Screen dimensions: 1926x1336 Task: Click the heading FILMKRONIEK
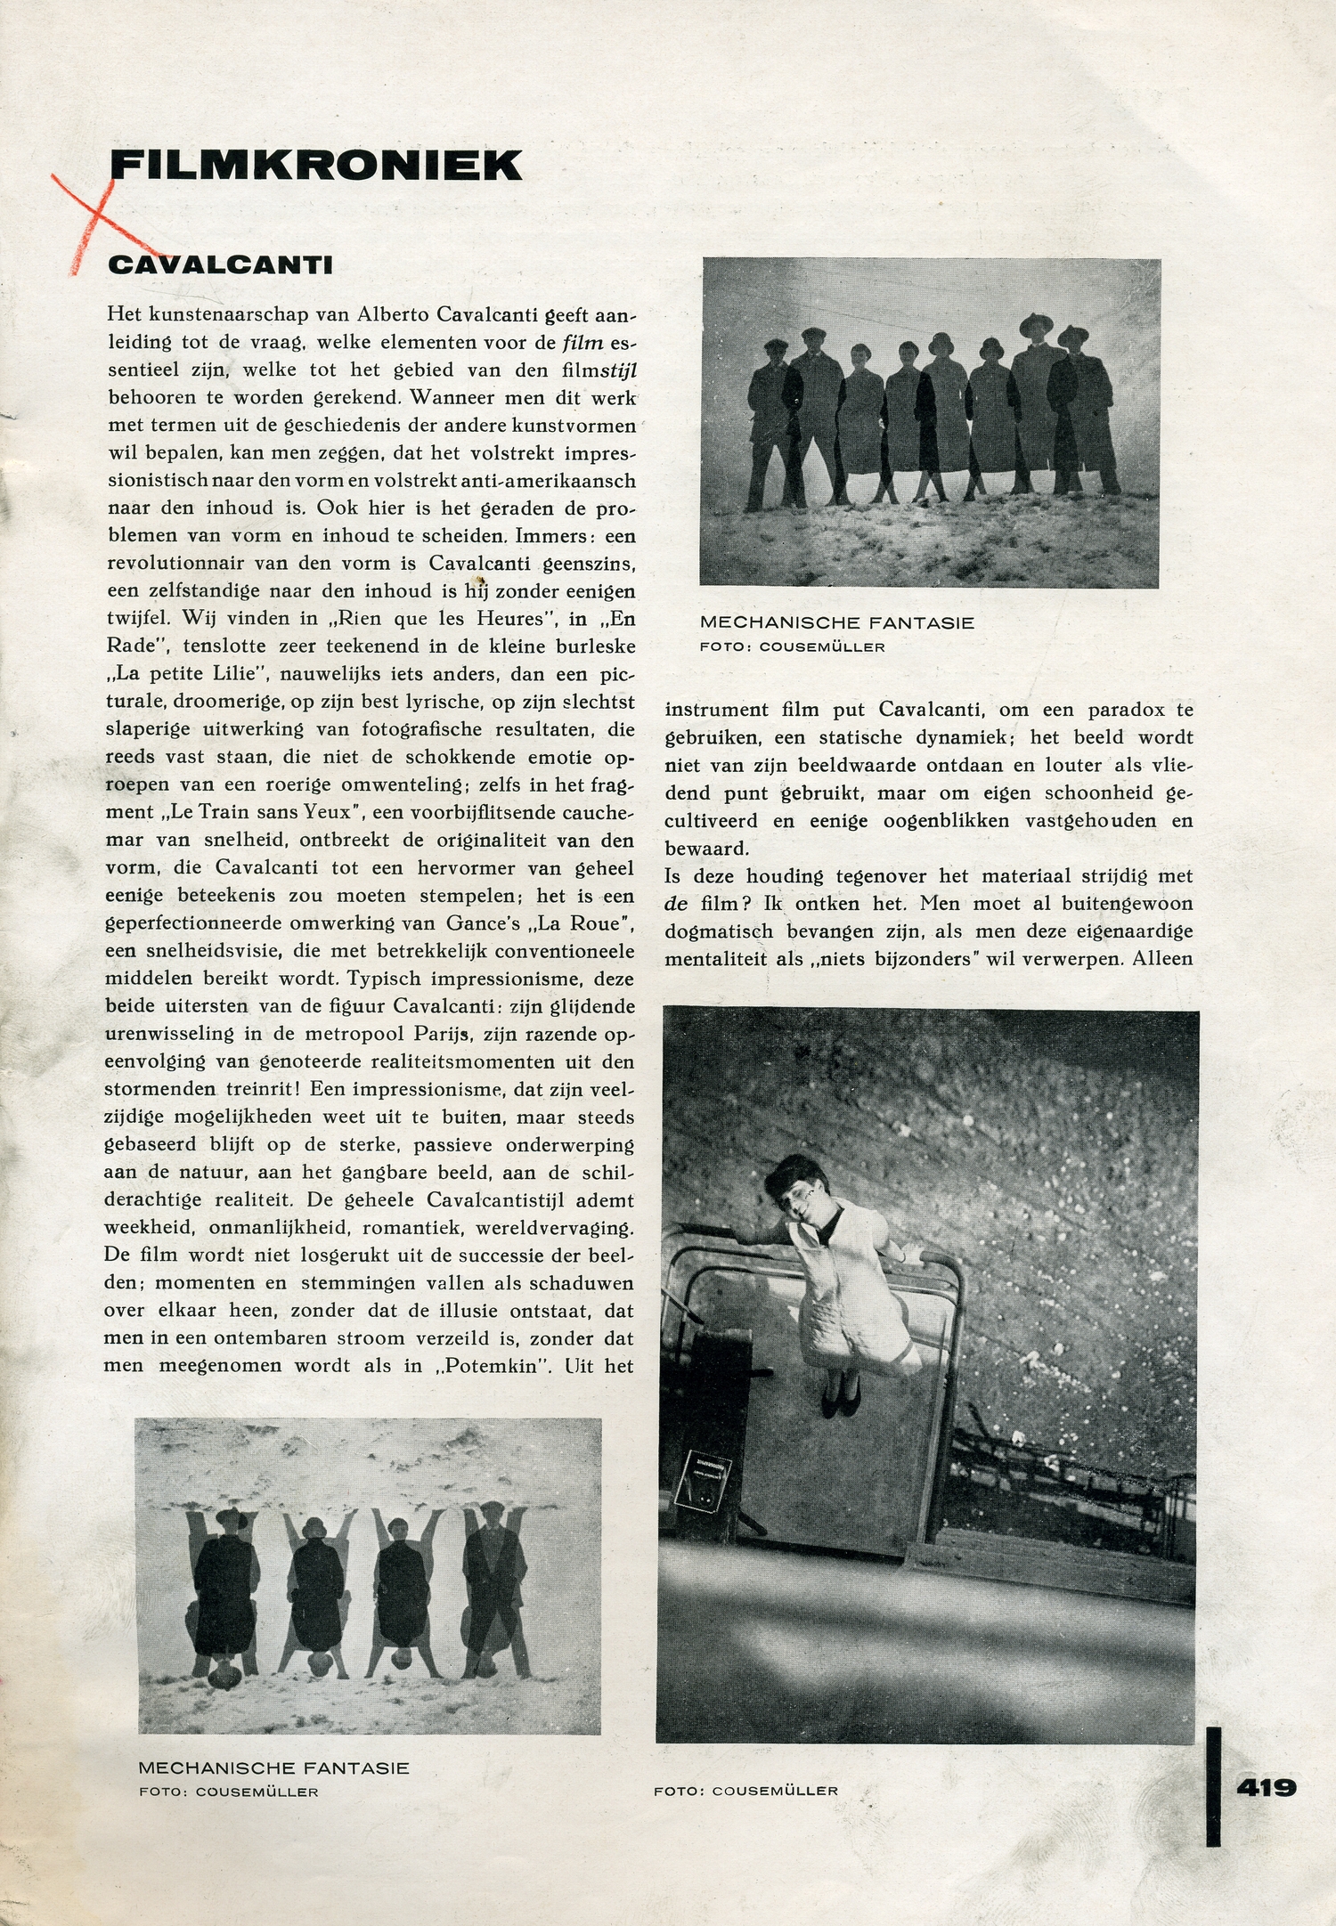pos(315,166)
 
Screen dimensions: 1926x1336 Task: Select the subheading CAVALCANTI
pos(220,265)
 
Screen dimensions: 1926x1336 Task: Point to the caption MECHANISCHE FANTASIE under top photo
pos(837,623)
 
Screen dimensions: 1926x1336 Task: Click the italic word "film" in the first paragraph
pos(582,342)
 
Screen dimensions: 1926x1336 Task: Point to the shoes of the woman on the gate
pos(840,1399)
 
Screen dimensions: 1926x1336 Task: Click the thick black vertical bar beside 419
pos(1213,1785)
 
